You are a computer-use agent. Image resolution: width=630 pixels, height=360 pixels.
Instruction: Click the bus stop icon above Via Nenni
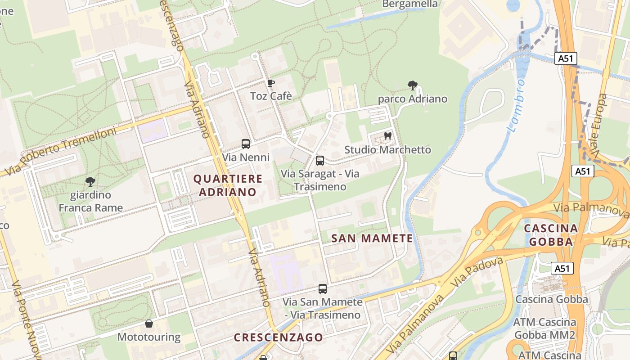[x=246, y=144]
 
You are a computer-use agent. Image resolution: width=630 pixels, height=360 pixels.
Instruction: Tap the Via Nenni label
[x=246, y=157]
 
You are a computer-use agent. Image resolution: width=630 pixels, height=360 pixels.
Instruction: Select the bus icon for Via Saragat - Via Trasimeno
[x=320, y=160]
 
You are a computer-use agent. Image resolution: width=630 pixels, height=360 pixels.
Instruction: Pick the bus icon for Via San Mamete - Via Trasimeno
[x=323, y=289]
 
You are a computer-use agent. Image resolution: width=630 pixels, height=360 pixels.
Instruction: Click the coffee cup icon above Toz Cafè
[x=270, y=83]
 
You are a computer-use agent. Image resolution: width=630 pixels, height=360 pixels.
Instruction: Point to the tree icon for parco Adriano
[x=412, y=85]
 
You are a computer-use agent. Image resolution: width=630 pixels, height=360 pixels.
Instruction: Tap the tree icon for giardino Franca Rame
[x=90, y=182]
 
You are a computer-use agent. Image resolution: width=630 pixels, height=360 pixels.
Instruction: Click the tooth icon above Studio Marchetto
[x=388, y=136]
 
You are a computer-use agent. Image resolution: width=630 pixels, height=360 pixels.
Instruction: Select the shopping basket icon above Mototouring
[x=148, y=324]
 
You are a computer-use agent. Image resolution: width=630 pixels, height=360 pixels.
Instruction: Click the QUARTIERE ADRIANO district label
[x=228, y=185]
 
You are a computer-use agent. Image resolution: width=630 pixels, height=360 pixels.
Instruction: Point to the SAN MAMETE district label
[x=372, y=238]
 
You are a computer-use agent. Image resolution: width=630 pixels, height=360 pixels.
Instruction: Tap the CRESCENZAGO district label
[x=279, y=337]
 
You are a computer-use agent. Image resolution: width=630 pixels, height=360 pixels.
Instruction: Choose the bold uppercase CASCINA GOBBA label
[x=551, y=235]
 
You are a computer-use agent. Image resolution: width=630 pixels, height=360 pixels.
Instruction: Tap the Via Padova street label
[x=477, y=272]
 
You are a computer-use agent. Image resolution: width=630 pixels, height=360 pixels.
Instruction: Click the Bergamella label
[x=409, y=4]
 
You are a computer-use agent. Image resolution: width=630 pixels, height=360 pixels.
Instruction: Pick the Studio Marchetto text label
[x=387, y=149]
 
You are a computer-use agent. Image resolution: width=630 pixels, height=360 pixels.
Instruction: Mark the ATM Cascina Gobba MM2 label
[x=544, y=328]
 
